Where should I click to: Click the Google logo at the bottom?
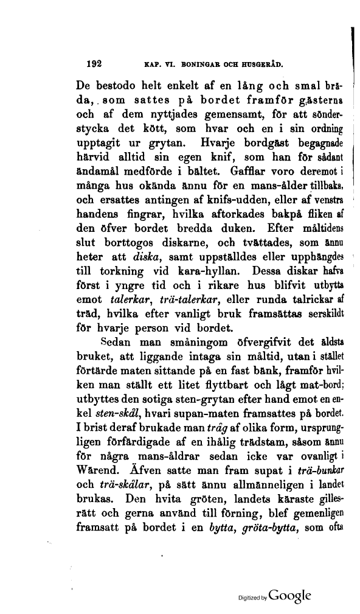[294, 595]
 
